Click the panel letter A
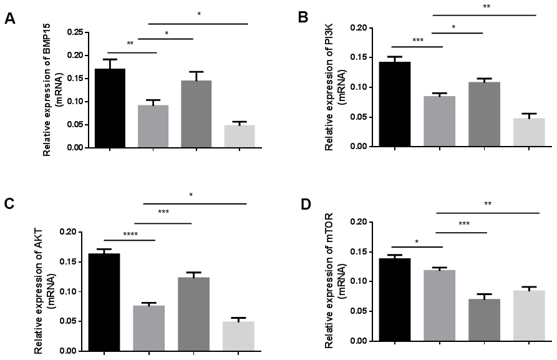[10, 19]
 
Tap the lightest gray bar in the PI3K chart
[529, 132]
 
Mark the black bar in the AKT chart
[104, 302]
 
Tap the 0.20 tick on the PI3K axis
[357, 27]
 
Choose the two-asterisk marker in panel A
[130, 44]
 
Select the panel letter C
[10, 205]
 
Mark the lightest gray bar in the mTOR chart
[529, 316]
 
